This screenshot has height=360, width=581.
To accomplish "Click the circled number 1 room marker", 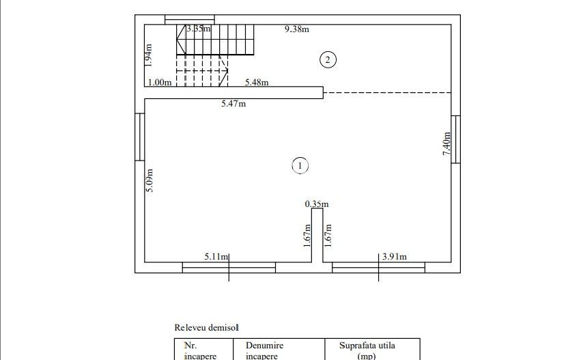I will point(300,165).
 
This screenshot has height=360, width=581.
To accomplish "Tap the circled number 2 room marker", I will point(328,60).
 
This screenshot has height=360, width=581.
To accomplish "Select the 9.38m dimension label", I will point(297,29).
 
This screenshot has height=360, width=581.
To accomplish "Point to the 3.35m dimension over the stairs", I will point(199,29).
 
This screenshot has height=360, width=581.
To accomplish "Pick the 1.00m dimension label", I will point(159,83).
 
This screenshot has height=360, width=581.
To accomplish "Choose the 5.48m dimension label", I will point(257,83).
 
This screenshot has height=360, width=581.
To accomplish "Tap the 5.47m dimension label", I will point(233,104).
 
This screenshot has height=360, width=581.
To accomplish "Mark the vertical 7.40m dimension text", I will point(447,144).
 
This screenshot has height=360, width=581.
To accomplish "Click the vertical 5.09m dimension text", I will point(149,180).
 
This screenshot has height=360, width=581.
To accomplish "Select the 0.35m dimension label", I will point(317,204).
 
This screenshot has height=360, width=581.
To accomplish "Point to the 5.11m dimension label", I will point(216,257).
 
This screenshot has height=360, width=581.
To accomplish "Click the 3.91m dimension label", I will point(394,257).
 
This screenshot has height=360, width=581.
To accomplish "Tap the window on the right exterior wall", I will point(456,139).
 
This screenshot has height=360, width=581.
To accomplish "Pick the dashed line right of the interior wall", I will point(386,92).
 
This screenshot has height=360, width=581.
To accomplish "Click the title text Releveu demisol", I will point(206,328).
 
